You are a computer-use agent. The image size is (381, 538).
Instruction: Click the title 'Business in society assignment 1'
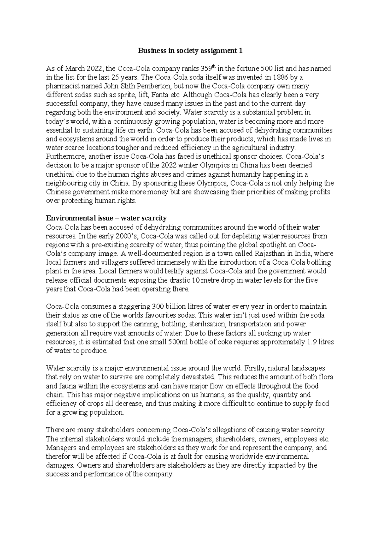point(190,51)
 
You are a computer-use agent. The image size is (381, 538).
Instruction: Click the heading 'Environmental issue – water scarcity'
point(106,218)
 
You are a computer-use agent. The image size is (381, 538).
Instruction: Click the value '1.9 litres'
point(321,342)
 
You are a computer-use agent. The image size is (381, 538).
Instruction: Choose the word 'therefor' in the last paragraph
point(57,457)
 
